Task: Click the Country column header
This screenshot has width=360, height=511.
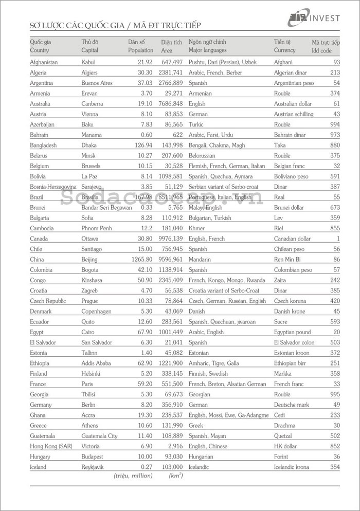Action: (x=40, y=50)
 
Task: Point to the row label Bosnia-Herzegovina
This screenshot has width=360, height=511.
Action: (x=53, y=187)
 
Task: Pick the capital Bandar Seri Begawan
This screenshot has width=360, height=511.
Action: (x=105, y=208)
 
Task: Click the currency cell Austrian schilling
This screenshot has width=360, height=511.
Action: (x=294, y=114)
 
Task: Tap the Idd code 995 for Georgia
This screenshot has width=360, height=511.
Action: (x=335, y=394)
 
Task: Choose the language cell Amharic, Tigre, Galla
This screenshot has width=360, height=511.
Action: (x=213, y=363)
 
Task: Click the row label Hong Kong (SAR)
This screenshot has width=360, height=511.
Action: (x=50, y=446)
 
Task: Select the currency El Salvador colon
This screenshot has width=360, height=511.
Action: (x=294, y=342)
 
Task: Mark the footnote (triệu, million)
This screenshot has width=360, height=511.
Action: (x=133, y=476)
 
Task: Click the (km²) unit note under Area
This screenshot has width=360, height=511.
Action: (x=175, y=476)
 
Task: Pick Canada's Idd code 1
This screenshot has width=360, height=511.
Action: (x=338, y=239)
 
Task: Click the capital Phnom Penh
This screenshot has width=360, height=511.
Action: (x=97, y=228)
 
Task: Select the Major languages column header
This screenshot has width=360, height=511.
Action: (x=207, y=50)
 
